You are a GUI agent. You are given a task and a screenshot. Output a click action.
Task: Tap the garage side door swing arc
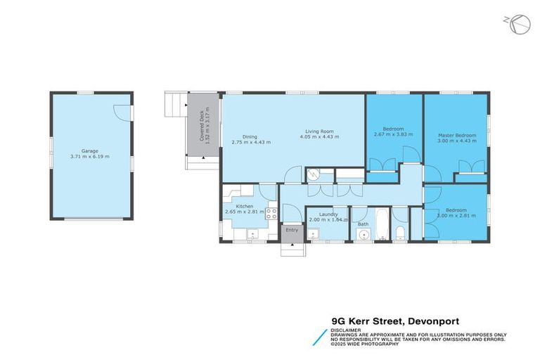[x=122, y=112]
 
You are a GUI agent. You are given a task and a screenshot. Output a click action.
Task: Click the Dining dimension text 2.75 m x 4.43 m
[x=251, y=142]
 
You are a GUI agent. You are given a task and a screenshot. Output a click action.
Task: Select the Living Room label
[x=319, y=131]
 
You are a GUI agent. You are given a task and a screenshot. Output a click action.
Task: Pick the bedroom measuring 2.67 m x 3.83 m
[x=393, y=131]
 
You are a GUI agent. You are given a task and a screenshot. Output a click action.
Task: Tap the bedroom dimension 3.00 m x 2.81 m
[x=456, y=215]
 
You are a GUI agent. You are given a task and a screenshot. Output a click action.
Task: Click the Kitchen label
[x=244, y=206]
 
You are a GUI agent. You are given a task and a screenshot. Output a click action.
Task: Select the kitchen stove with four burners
[x=271, y=215]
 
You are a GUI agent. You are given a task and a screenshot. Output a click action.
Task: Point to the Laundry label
[x=328, y=214]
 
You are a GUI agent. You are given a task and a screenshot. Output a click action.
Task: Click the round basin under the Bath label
[x=364, y=235]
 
